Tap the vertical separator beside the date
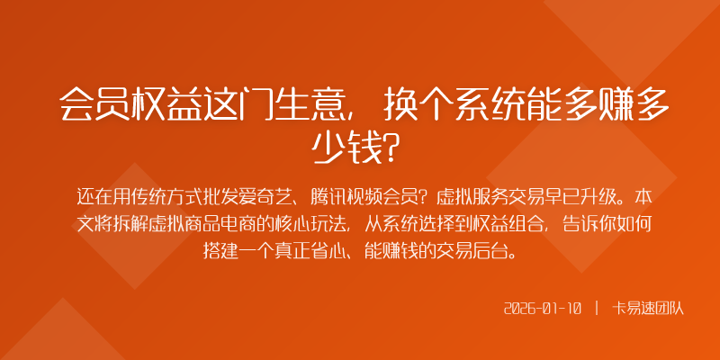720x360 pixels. (x=597, y=309)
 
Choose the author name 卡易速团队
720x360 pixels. (x=648, y=309)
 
